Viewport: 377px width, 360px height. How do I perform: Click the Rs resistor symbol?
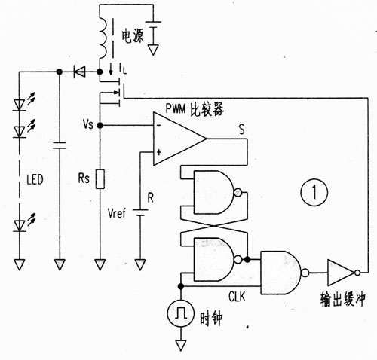pyautogui.click(x=100, y=179)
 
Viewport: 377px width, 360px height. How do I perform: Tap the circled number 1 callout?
pyautogui.click(x=314, y=192)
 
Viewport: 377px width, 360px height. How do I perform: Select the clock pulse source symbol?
pyautogui.click(x=181, y=313)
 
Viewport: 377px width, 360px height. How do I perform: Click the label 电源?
pyautogui.click(x=133, y=36)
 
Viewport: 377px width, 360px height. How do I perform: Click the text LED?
pyautogui.click(x=35, y=179)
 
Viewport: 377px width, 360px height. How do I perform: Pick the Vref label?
pyautogui.click(x=116, y=213)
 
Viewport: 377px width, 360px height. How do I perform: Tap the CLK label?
pyautogui.click(x=237, y=297)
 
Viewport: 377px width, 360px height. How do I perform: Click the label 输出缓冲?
pyautogui.click(x=343, y=299)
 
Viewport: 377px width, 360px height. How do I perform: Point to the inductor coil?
pyautogui.click(x=103, y=38)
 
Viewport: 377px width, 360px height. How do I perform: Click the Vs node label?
pyautogui.click(x=88, y=124)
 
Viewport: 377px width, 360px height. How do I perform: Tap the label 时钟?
pyautogui.click(x=211, y=319)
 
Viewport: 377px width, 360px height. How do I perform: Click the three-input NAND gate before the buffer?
pyautogui.click(x=284, y=273)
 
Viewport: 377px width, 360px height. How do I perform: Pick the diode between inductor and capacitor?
pyautogui.click(x=79, y=72)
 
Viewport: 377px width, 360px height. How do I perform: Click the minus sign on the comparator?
pyautogui.click(x=159, y=125)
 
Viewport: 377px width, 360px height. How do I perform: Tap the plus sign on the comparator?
pyautogui.click(x=159, y=152)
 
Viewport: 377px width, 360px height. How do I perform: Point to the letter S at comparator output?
pyautogui.click(x=241, y=130)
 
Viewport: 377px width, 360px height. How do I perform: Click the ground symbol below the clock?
pyautogui.click(x=181, y=345)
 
